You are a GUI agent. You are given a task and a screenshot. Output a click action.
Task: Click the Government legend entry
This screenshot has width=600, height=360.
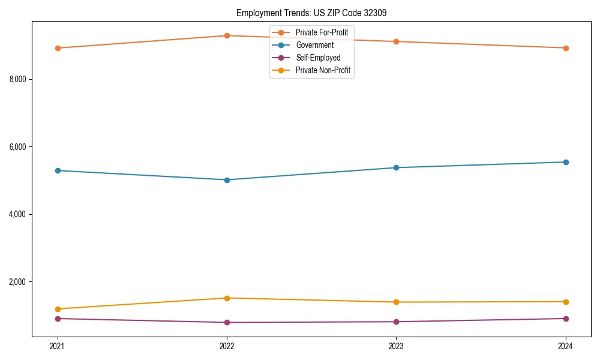pyautogui.click(x=314, y=45)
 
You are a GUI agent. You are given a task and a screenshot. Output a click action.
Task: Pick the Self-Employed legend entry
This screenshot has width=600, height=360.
pyautogui.click(x=318, y=58)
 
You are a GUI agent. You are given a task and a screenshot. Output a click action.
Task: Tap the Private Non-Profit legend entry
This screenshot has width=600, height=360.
pyautogui.click(x=323, y=71)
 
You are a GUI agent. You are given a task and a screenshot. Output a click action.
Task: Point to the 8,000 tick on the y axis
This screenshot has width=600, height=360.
pyautogui.click(x=21, y=79)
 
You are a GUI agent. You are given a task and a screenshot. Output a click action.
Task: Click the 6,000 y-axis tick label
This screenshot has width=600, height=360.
pyautogui.click(x=21, y=147)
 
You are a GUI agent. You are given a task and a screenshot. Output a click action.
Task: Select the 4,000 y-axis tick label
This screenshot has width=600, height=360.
pyautogui.click(x=21, y=214)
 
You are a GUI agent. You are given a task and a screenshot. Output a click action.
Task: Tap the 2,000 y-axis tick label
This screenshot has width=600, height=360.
pyautogui.click(x=21, y=282)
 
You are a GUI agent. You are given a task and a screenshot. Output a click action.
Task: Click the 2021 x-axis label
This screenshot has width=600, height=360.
pyautogui.click(x=58, y=346)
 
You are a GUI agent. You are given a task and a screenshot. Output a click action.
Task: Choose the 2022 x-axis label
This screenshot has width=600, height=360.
pyautogui.click(x=227, y=346)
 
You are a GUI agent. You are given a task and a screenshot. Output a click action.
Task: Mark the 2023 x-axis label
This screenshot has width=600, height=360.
pyautogui.click(x=396, y=346)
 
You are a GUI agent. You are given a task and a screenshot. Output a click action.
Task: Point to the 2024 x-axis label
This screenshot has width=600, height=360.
pyautogui.click(x=565, y=346)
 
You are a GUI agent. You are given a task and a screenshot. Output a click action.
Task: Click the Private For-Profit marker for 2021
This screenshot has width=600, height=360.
pyautogui.click(x=58, y=48)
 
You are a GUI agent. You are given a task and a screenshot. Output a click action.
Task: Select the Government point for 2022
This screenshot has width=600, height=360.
pyautogui.click(x=227, y=180)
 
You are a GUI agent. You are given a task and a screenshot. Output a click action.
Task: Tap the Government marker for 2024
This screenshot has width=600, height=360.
pyautogui.click(x=565, y=162)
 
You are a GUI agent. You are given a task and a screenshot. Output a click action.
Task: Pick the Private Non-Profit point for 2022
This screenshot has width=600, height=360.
pyautogui.click(x=227, y=298)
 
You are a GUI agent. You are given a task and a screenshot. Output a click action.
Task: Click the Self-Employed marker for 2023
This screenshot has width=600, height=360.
pyautogui.click(x=396, y=322)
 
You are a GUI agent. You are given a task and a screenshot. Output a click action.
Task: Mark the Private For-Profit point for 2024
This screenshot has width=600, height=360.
pyautogui.click(x=565, y=48)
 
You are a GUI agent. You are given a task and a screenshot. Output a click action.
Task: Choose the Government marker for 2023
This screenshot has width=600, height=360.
pyautogui.click(x=396, y=167)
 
